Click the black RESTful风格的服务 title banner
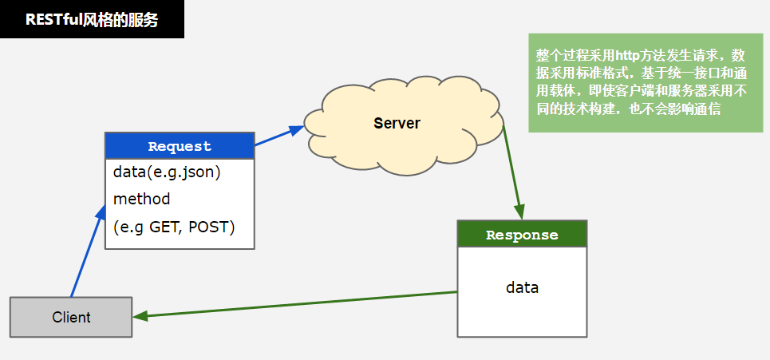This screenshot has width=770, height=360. click(x=92, y=20)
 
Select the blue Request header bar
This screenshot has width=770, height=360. click(x=180, y=146)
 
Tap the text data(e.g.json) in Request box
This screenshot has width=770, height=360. click(x=167, y=172)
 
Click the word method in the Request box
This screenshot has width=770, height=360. click(x=141, y=199)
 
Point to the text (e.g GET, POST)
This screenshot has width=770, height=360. click(x=174, y=227)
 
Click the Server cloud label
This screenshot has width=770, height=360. click(x=397, y=123)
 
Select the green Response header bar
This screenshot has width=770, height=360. click(x=522, y=235)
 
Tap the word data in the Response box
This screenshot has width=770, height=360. click(x=522, y=287)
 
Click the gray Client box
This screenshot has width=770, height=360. click(x=71, y=317)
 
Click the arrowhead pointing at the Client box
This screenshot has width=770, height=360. click(x=140, y=316)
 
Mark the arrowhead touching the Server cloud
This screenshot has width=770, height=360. click(x=297, y=128)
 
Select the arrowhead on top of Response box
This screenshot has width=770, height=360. click(x=520, y=213)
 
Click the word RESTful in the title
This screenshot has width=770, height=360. click(x=51, y=20)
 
